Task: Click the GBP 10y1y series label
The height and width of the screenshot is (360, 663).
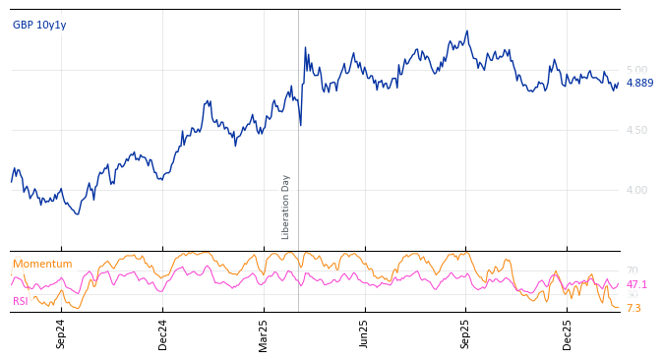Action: [x=39, y=26]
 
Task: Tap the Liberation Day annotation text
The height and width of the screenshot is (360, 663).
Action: [x=286, y=207]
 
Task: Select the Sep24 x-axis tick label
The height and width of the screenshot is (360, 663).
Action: [x=61, y=333]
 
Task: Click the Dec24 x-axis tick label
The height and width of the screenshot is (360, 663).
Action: [x=163, y=333]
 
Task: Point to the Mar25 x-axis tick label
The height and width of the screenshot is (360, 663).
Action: [x=264, y=333]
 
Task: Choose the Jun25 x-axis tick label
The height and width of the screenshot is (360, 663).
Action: [x=365, y=333]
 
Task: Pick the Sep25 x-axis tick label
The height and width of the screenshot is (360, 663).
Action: [x=465, y=333]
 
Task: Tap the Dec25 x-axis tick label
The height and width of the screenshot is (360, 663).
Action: [x=568, y=333]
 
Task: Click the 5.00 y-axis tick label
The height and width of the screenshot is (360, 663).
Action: [x=637, y=70]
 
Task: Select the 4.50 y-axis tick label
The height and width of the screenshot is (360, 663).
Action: [x=637, y=130]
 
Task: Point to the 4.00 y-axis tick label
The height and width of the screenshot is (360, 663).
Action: [x=637, y=190]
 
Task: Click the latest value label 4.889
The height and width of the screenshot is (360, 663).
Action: [x=639, y=83]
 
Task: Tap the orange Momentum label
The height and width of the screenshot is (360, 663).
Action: [x=42, y=265]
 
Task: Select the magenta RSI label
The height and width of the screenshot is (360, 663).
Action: [x=21, y=301]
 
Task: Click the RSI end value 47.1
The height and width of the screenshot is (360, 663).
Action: [x=636, y=284]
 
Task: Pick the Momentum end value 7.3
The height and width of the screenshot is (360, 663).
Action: [x=633, y=308]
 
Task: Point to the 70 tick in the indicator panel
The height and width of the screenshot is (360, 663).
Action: [x=632, y=270]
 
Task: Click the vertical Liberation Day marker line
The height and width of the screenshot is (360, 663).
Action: [x=298, y=148]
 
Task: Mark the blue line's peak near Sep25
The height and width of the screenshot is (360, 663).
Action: [x=467, y=31]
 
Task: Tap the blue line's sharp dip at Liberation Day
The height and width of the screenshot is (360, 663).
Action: [x=301, y=124]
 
